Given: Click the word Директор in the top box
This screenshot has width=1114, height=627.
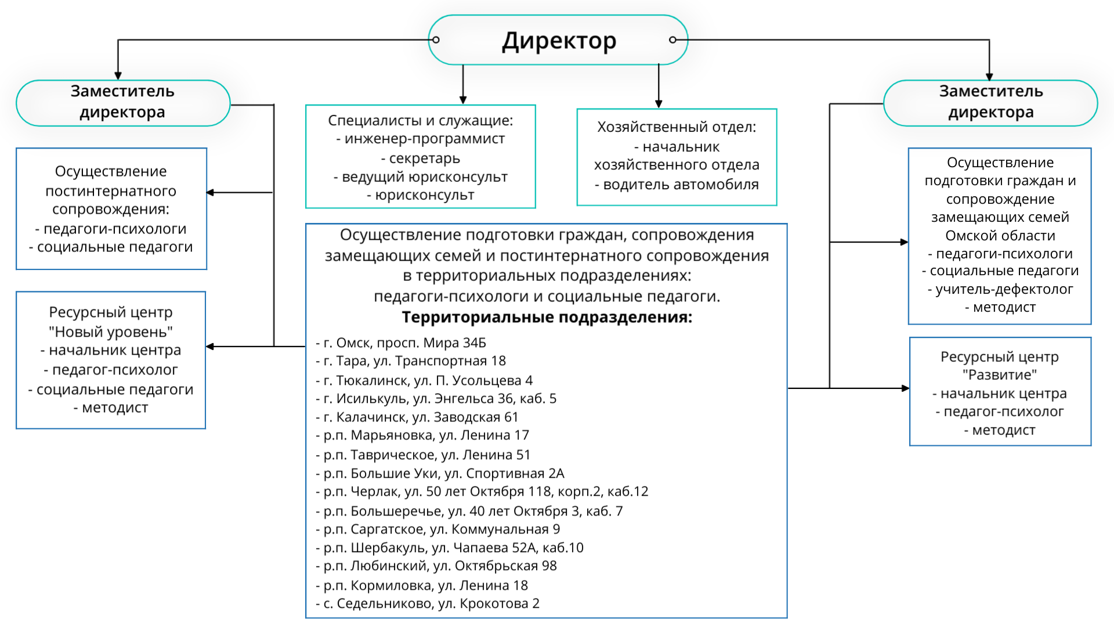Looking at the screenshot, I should tap(559, 41).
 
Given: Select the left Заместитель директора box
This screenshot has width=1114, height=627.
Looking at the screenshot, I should tap(123, 102).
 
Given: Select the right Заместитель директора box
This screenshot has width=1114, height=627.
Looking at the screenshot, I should tap(990, 102).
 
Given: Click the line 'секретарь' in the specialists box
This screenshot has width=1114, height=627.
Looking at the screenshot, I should tap(421, 158).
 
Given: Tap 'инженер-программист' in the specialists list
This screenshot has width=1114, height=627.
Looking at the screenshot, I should tap(421, 139).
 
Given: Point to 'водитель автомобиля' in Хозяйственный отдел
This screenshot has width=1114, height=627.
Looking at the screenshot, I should tap(677, 185).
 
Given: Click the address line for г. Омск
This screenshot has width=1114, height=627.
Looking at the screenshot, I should tap(401, 343).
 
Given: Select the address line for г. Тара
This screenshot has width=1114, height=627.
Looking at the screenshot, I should tap(411, 361).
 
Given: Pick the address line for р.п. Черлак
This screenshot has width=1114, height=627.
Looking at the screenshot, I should tap(482, 492).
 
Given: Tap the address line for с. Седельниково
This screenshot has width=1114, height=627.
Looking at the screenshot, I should tap(428, 604).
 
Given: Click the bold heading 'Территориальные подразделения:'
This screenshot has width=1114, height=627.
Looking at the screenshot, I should tap(547, 318).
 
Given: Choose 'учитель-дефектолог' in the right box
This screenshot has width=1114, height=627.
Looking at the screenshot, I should tap(1000, 289).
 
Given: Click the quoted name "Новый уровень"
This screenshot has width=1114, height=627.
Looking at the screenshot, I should tap(111, 332).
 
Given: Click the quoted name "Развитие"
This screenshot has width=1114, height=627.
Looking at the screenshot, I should tap(1000, 375).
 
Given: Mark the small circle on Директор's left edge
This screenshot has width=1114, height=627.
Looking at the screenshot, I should tap(436, 40).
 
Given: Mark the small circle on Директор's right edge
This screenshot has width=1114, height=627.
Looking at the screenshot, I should tap(672, 40).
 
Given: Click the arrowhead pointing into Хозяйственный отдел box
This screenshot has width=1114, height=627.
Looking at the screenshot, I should tap(659, 105).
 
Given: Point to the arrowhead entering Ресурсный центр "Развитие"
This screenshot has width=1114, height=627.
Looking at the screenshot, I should tap(906, 388).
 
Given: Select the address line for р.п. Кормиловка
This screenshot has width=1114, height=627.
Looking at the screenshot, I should tap(422, 585).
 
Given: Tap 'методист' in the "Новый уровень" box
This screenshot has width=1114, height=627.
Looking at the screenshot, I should tap(111, 408).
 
